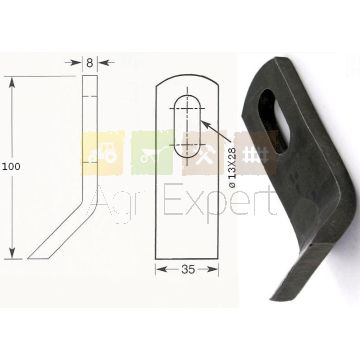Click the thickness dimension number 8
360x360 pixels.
pyautogui.click(x=90, y=63)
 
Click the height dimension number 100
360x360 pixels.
pyautogui.click(x=11, y=167)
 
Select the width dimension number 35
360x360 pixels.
pyautogui.click(x=188, y=270)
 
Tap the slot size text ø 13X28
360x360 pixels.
pyautogui.click(x=232, y=167)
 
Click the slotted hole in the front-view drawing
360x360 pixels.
pyautogui.click(x=187, y=126)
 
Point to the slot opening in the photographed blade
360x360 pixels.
pyautogui.click(x=274, y=121)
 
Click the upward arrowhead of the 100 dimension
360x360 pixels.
pyautogui.click(x=12, y=82)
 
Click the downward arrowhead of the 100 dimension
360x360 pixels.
pyautogui.click(x=12, y=253)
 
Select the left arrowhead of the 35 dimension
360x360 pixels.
pyautogui.click(x=161, y=269)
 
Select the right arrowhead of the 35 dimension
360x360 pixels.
pyautogui.click(x=213, y=269)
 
